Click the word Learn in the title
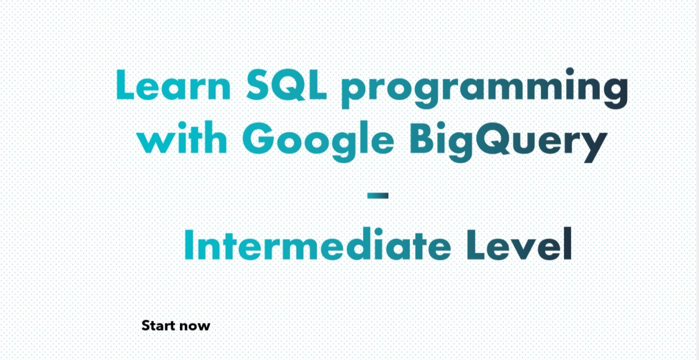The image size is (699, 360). tap(173, 86)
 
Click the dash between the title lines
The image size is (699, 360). tap(378, 195)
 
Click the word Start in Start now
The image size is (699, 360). tap(160, 326)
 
